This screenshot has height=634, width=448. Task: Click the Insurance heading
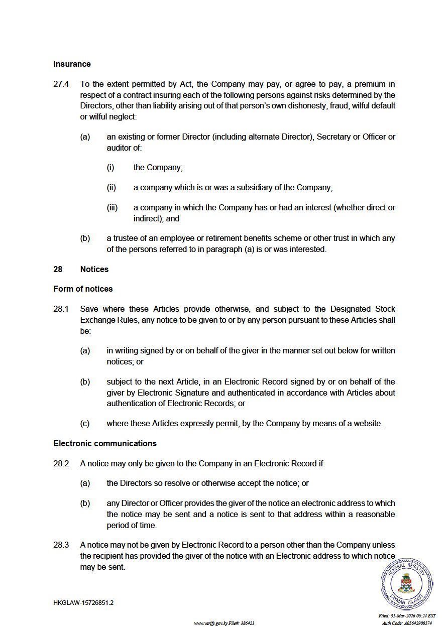(x=72, y=64)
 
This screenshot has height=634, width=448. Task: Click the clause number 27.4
(x=61, y=84)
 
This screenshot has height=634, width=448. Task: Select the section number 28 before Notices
(x=58, y=270)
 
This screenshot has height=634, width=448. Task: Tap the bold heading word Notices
(x=94, y=270)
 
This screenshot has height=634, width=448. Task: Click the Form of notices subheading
(x=83, y=289)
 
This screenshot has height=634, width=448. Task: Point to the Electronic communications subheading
(x=105, y=444)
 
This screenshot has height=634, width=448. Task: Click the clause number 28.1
(x=61, y=309)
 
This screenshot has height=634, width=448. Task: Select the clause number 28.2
(x=61, y=464)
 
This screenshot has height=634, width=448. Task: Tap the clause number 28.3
(x=61, y=545)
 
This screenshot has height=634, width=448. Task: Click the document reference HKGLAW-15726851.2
(x=83, y=603)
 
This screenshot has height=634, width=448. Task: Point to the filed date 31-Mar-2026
(x=407, y=616)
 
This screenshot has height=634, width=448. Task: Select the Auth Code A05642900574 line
(x=407, y=623)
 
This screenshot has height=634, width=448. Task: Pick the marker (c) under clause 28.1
(x=85, y=424)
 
